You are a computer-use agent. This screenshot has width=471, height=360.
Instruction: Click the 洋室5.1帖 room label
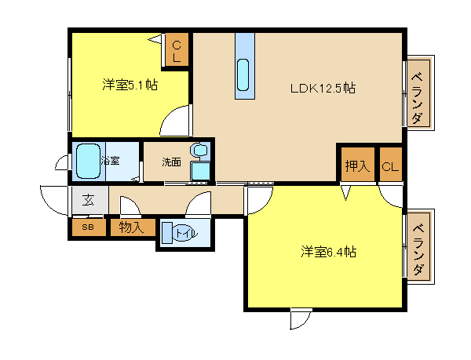tap(130, 85)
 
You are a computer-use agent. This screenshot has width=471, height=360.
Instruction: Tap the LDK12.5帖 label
tap(323, 88)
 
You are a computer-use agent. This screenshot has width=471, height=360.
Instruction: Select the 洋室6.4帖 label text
tap(328, 252)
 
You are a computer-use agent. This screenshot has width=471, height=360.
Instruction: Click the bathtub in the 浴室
tap(88, 161)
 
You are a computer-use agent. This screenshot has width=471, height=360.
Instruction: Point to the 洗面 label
tap(171, 162)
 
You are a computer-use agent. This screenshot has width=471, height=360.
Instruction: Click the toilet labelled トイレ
tap(180, 233)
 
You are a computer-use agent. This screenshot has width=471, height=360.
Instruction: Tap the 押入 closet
tap(357, 165)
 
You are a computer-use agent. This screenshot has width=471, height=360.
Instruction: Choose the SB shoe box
tap(89, 227)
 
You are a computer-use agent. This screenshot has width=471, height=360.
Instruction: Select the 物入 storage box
tap(133, 227)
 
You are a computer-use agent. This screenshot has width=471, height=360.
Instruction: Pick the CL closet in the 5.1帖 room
tap(177, 49)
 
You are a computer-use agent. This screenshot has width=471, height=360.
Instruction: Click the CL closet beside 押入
tap(390, 165)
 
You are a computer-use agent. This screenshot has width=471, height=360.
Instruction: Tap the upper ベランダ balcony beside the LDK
tap(418, 93)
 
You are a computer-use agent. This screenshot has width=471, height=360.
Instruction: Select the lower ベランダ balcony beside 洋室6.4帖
tap(418, 246)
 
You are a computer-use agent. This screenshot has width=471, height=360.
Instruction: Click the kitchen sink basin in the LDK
tap(243, 75)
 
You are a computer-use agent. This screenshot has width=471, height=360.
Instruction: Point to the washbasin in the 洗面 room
tap(200, 150)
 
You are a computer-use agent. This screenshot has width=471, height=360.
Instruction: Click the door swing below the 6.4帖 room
tap(301, 319)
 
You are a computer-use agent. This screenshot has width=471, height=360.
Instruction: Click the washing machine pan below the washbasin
tap(200, 171)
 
